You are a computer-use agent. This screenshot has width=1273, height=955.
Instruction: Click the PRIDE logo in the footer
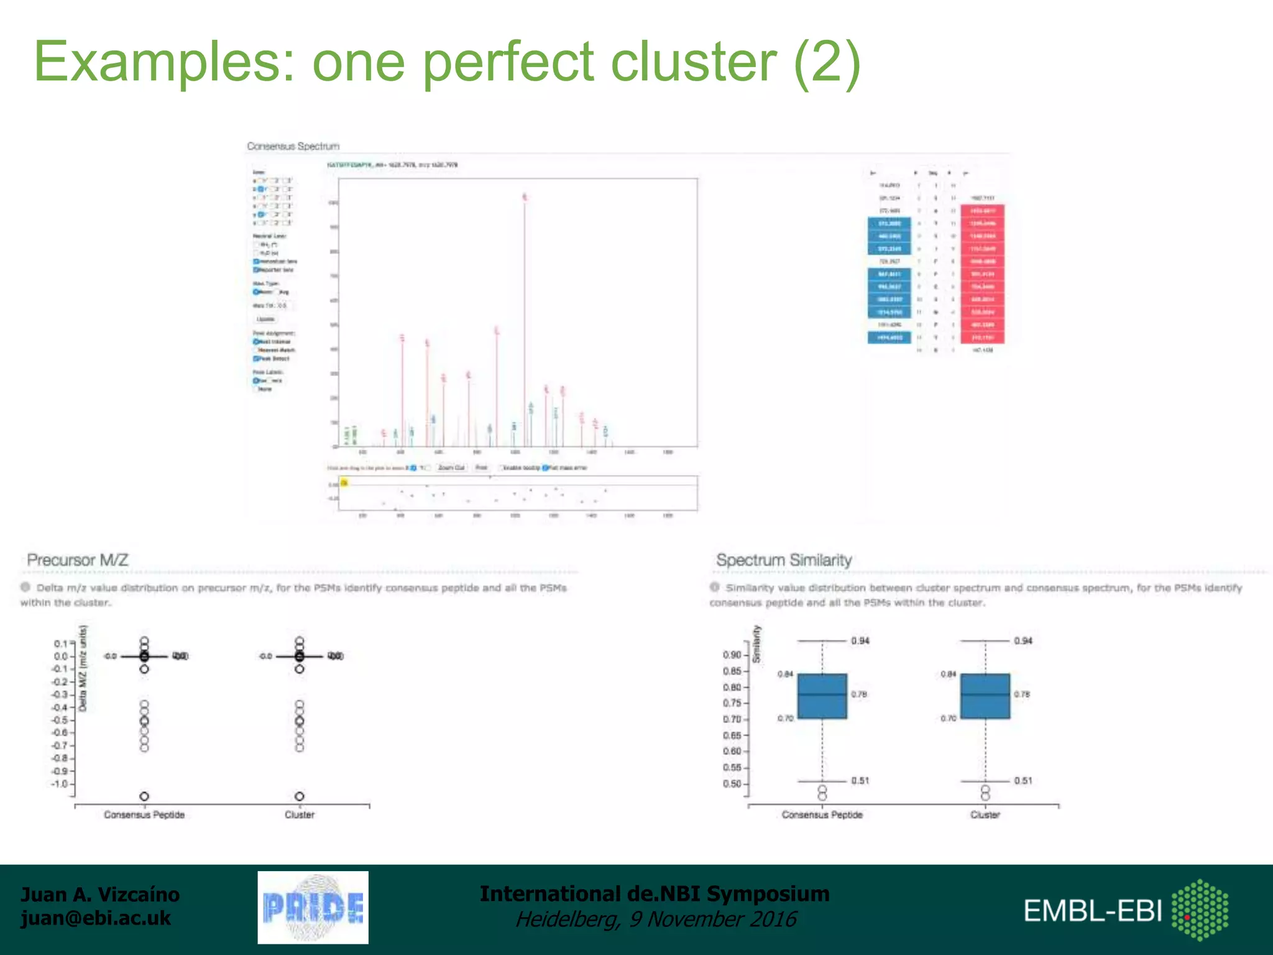pyautogui.click(x=313, y=907)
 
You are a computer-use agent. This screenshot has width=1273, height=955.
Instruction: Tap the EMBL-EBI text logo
pyautogui.click(x=1092, y=911)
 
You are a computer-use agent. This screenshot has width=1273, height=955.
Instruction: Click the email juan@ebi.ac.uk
pyautogui.click(x=96, y=918)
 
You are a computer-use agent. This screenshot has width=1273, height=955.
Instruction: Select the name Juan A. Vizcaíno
pyautogui.click(x=100, y=894)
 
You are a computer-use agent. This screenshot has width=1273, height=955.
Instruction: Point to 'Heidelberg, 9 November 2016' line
pyautogui.click(x=655, y=919)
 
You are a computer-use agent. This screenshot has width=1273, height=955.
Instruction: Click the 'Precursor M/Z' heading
pyautogui.click(x=78, y=560)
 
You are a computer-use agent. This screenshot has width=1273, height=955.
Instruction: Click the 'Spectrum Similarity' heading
pyautogui.click(x=784, y=560)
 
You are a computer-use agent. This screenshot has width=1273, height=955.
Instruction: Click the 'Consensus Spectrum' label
pyautogui.click(x=293, y=146)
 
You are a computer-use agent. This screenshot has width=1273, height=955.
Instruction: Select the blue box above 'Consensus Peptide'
pyautogui.click(x=822, y=696)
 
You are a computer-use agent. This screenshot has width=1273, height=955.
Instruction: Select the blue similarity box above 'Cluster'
pyautogui.click(x=985, y=696)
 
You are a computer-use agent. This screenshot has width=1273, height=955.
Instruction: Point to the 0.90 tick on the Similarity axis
pyautogui.click(x=732, y=655)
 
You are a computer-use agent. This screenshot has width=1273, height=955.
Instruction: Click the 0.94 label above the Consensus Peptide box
pyautogui.click(x=860, y=640)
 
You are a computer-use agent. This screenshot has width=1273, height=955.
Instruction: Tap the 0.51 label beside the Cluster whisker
pyautogui.click(x=1023, y=780)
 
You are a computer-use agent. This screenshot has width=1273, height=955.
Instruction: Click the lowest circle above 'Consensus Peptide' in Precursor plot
pyautogui.click(x=144, y=796)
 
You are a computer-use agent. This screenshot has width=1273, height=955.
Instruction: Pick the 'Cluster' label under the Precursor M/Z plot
pyautogui.click(x=300, y=814)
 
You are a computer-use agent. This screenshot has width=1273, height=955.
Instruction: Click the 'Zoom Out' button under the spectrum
pyautogui.click(x=451, y=468)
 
